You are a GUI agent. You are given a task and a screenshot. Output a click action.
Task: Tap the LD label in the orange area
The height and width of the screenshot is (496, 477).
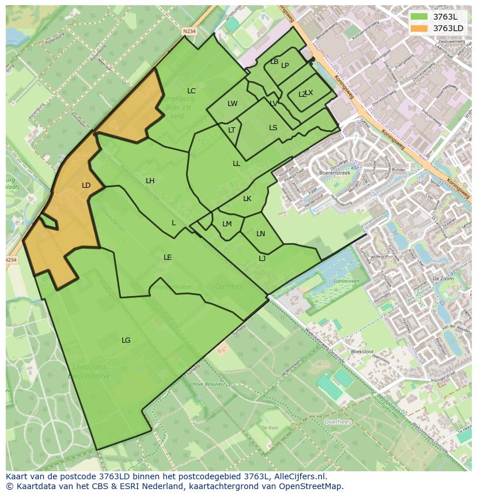pyautogui.click(x=86, y=185)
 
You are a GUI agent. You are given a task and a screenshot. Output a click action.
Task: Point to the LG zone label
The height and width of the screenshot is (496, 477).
pyautogui.click(x=126, y=340)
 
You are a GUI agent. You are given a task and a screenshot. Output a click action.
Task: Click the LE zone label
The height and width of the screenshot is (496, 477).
pyautogui.click(x=167, y=258)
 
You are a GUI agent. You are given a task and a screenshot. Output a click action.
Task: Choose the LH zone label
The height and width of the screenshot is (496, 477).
pyautogui.click(x=150, y=181)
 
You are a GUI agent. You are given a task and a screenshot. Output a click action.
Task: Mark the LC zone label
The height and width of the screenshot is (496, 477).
pyautogui.click(x=191, y=91)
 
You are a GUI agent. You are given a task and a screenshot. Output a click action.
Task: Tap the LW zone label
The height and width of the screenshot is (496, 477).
pyautogui.click(x=232, y=104)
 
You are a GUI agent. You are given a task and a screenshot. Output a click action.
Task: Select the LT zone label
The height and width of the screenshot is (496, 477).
pyautogui.click(x=232, y=130)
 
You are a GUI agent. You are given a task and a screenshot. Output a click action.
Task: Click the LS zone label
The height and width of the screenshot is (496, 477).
pyautogui.click(x=273, y=128)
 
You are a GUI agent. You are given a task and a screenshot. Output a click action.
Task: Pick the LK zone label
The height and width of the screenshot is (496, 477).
pyautogui.click(x=247, y=199)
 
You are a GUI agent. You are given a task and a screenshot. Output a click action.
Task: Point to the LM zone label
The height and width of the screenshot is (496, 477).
pyautogui.click(x=227, y=224)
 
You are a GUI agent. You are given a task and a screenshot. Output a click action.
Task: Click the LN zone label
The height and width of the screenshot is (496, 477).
pyautogui.click(x=260, y=234)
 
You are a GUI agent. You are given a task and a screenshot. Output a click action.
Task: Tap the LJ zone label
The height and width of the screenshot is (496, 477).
pyautogui.click(x=262, y=259)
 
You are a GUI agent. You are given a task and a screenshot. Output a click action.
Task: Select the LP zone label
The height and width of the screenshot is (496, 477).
pyautogui.click(x=285, y=66)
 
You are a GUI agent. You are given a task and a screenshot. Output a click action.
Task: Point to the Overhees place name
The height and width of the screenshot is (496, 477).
pyautogui.click(x=338, y=422)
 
